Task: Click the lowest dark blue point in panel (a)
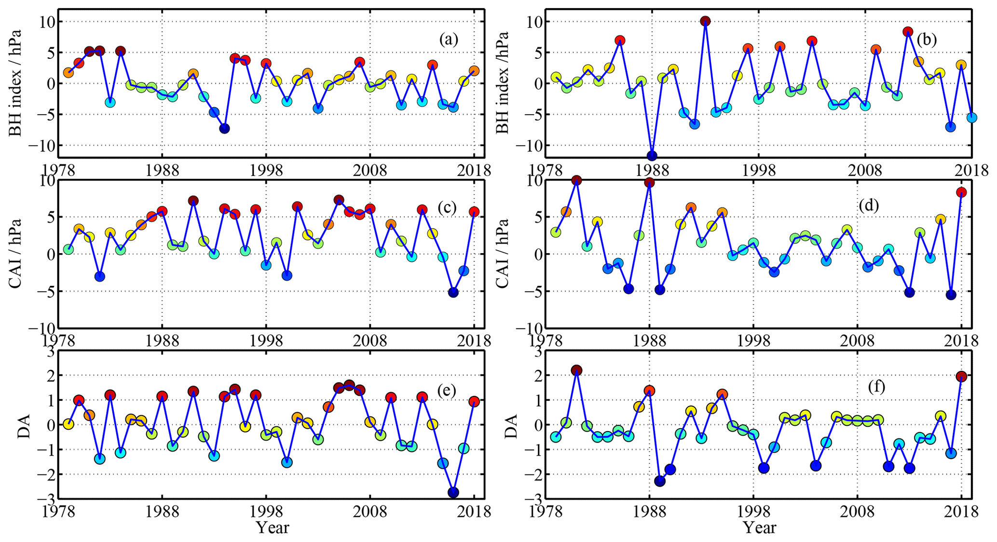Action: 224,128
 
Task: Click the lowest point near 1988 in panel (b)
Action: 652,155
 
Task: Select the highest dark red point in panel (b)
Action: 705,21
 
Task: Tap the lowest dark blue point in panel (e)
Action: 453,492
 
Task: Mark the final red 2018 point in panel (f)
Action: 961,376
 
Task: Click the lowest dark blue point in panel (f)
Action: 660,481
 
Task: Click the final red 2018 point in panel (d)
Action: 961,192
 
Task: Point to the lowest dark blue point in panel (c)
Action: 453,292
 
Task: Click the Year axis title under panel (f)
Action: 759,528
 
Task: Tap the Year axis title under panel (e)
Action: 273,528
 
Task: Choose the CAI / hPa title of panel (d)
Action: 503,254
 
